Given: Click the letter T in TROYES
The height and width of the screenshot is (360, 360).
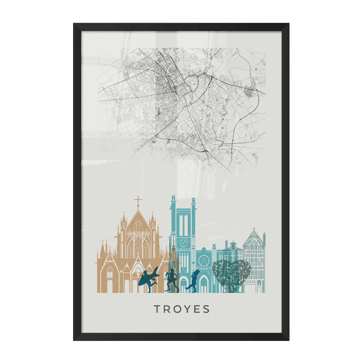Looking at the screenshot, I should point(157,309).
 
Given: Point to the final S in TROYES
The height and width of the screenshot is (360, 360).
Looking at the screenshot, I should point(206,309).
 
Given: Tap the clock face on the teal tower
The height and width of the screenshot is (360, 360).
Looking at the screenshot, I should point(183,243).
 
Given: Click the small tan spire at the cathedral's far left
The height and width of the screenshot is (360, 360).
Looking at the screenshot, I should point(102,247).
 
